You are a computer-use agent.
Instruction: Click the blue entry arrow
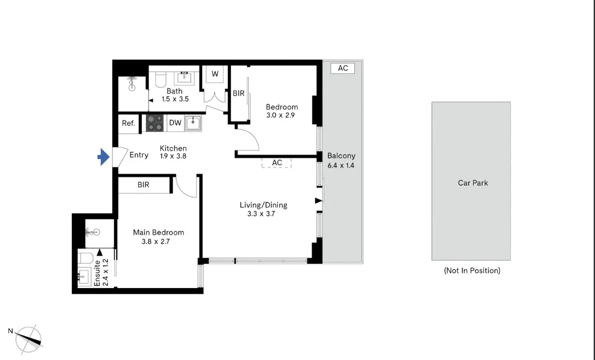pyautogui.click(x=105, y=156)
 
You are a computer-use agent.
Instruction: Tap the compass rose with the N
pyautogui.click(x=28, y=339)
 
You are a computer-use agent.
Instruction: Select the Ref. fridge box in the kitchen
pyautogui.click(x=128, y=123)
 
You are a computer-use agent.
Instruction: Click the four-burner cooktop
pyautogui.click(x=154, y=123)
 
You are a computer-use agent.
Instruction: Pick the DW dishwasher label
pyautogui.click(x=175, y=123)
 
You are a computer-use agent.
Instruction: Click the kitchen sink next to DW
pyautogui.click(x=193, y=123)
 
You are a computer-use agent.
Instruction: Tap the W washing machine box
pyautogui.click(x=215, y=74)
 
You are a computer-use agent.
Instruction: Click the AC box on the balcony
pyautogui.click(x=343, y=68)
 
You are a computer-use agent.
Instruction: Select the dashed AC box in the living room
pyautogui.click(x=277, y=162)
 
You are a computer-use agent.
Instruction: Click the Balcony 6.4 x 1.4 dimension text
pyautogui.click(x=341, y=166)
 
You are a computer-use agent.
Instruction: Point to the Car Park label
pyautogui.click(x=472, y=183)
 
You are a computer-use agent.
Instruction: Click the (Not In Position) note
pyautogui.click(x=472, y=271)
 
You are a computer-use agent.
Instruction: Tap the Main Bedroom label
pyautogui.click(x=158, y=232)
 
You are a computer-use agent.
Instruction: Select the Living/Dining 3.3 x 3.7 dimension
pyautogui.click(x=263, y=213)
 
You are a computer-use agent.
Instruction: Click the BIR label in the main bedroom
pyautogui.click(x=143, y=185)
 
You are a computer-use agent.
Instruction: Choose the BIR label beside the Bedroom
pyautogui.click(x=239, y=94)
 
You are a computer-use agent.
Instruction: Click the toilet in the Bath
pyautogui.click(x=160, y=79)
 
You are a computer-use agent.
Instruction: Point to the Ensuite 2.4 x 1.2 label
pyautogui.click(x=101, y=273)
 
